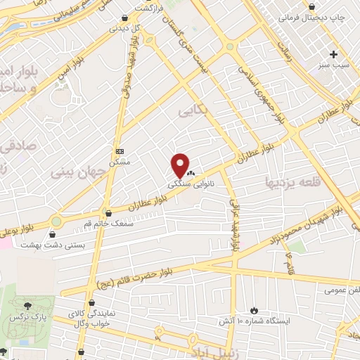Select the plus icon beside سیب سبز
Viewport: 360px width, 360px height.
[334, 54]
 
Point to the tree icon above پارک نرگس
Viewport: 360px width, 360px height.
[27, 306]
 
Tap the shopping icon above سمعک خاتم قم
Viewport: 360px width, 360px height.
[108, 214]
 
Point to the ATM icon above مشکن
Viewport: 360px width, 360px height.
[119, 151]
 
